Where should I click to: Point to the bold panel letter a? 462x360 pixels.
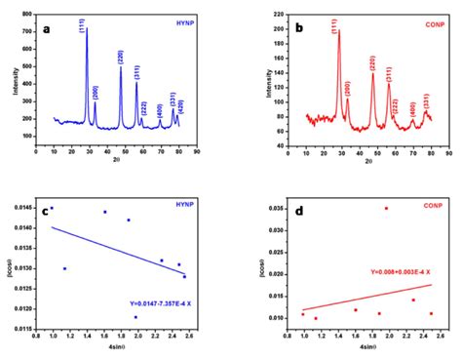(47, 28)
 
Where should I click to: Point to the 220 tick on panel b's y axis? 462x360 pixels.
(290, 16)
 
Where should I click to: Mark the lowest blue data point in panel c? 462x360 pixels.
(135, 317)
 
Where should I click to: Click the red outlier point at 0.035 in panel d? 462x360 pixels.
(386, 208)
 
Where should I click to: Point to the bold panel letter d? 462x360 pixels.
(297, 208)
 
